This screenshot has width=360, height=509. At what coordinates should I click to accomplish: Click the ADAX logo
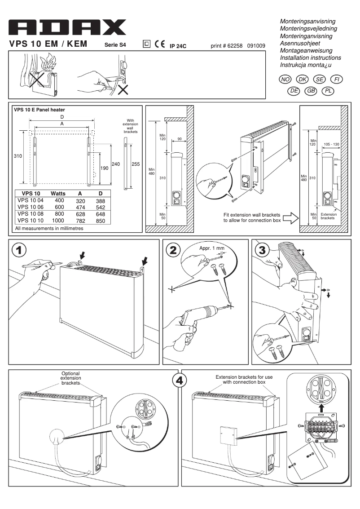(x=67, y=28)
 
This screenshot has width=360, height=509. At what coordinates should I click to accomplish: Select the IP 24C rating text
(x=178, y=46)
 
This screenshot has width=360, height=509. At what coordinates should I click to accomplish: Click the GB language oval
(x=311, y=91)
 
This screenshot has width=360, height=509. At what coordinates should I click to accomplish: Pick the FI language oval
(x=336, y=79)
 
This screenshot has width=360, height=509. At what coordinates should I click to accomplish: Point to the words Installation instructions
(x=310, y=58)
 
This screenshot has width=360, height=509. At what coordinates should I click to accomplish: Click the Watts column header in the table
(x=57, y=193)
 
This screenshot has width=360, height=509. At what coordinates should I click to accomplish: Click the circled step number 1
(x=19, y=250)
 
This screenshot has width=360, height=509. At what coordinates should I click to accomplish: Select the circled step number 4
(x=179, y=381)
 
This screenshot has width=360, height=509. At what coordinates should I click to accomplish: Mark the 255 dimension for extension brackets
(x=136, y=164)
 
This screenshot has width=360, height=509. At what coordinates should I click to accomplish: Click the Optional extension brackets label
(x=70, y=379)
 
